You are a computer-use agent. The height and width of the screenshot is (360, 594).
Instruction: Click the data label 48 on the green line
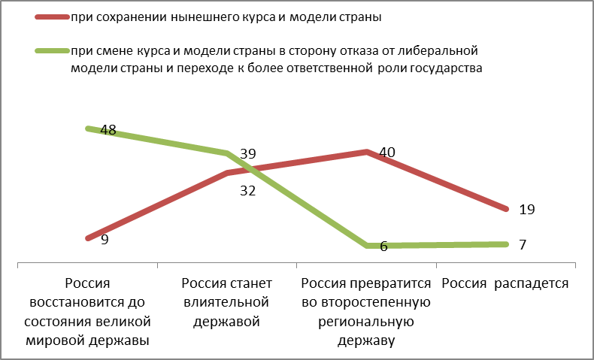(x=108, y=130)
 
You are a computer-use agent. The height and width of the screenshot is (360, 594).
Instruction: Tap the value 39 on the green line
(x=247, y=153)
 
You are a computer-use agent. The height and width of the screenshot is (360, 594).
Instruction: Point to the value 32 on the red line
(x=247, y=190)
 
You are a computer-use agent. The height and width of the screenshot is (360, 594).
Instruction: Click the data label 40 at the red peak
(x=387, y=152)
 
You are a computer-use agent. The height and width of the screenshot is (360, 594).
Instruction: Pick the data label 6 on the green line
(x=383, y=247)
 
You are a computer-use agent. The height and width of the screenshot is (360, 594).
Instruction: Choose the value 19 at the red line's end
(x=526, y=210)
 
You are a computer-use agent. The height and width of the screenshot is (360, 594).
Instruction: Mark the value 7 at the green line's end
(x=522, y=246)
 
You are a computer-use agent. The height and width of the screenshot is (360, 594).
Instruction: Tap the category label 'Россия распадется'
(x=505, y=283)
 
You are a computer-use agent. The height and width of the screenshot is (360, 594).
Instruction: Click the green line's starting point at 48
(x=88, y=129)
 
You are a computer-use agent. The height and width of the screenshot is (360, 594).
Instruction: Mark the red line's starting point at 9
(x=88, y=238)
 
